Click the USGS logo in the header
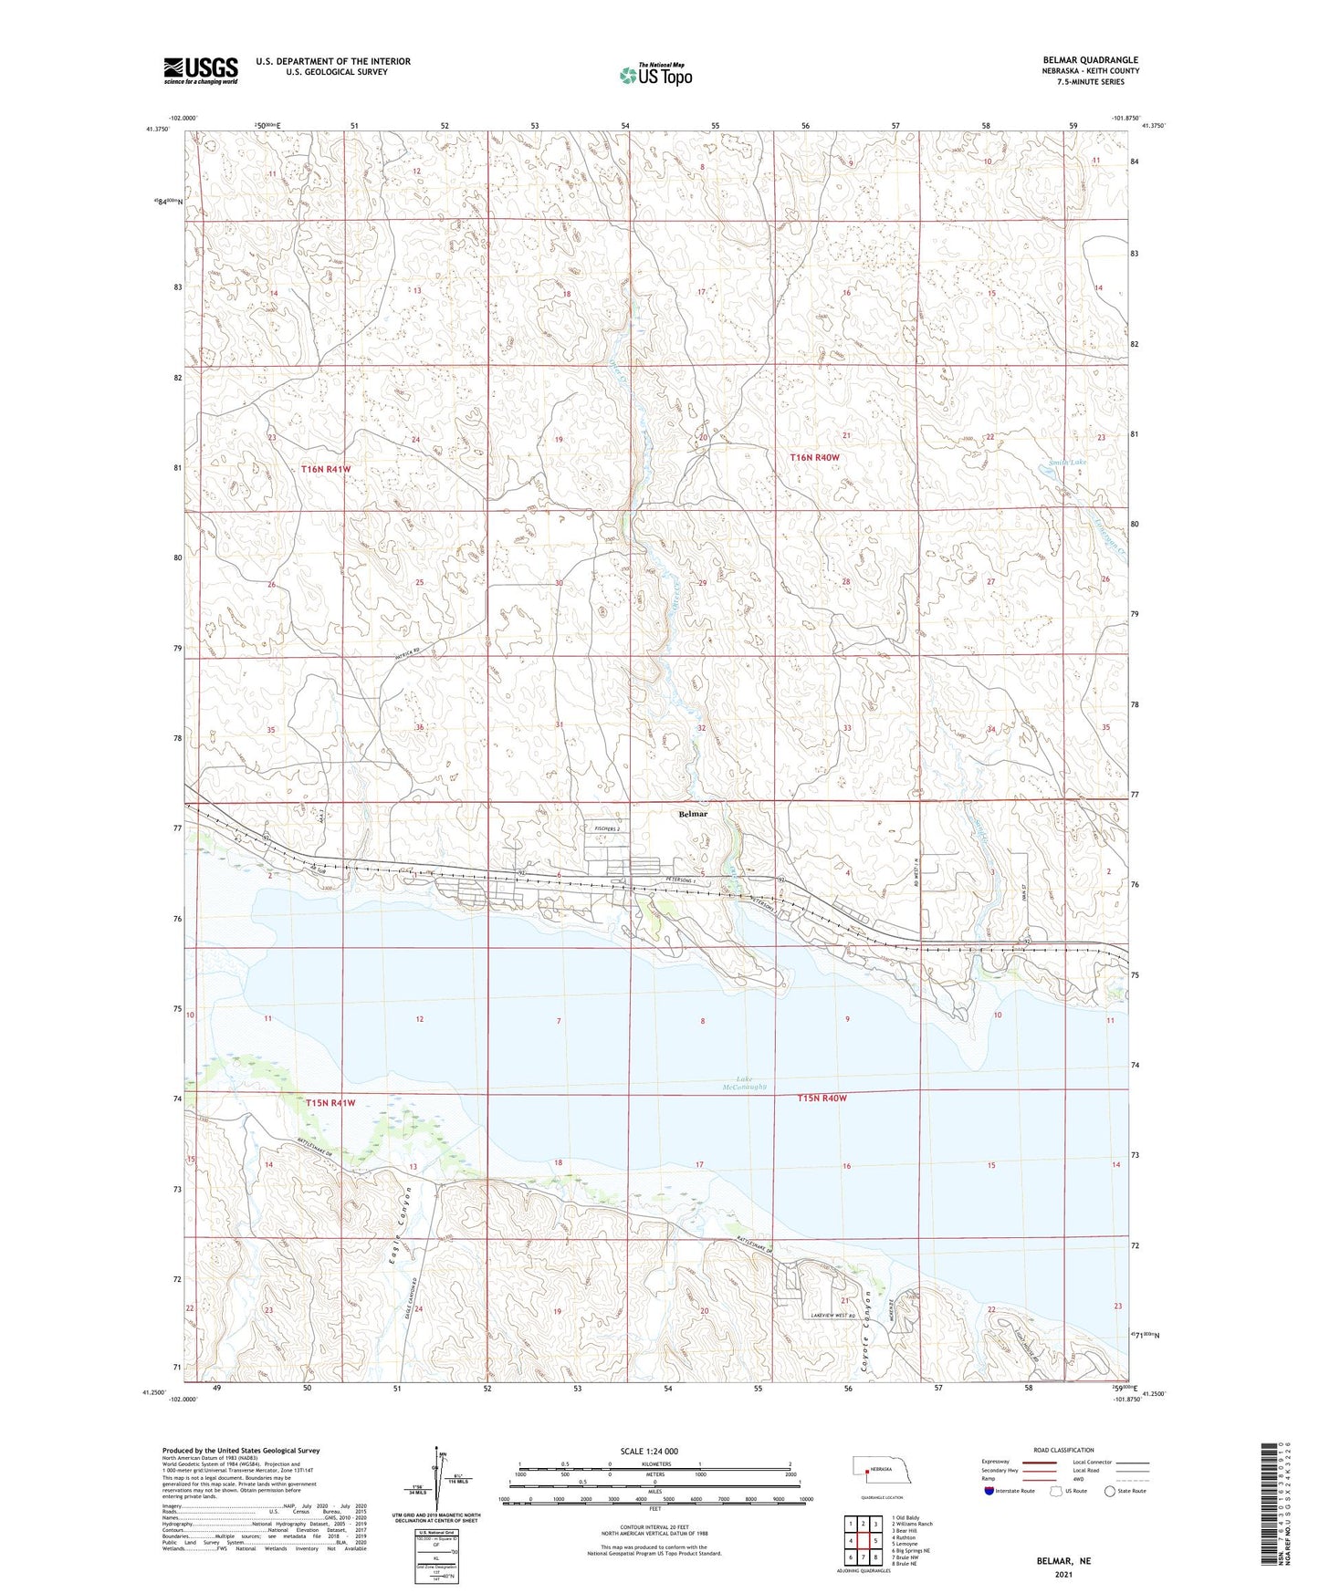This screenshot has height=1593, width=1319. point(201,69)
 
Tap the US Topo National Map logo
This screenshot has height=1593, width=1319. point(655,75)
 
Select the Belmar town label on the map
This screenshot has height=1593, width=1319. point(693,813)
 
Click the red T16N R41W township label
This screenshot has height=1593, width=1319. point(326,468)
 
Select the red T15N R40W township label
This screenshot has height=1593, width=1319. point(822,1098)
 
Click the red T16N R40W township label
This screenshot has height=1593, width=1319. point(813,456)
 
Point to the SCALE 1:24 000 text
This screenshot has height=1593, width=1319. point(648,1452)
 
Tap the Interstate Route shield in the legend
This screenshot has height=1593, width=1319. point(989,1491)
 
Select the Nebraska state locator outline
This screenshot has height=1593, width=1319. point(882,1472)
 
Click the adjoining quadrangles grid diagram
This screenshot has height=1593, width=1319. point(863,1541)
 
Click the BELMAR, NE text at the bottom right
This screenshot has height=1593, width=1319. point(1063,1561)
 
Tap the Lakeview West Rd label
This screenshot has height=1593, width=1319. point(836,1315)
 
